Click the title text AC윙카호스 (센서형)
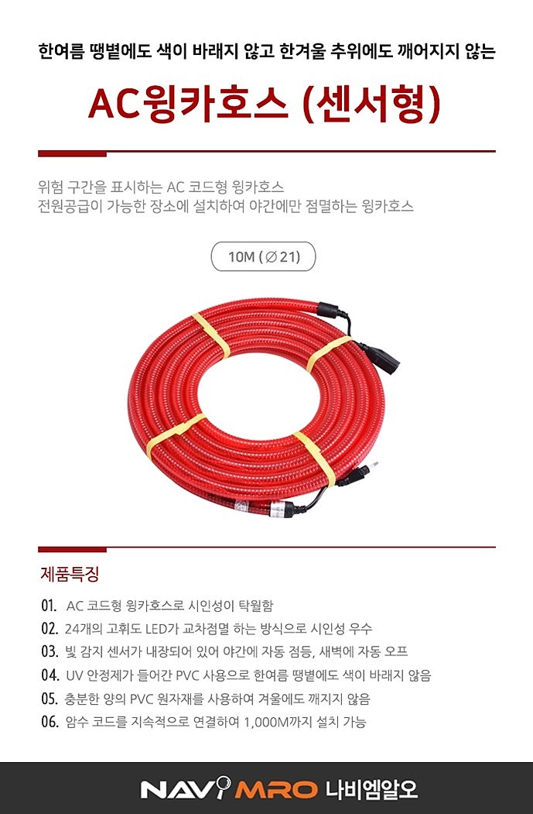[x=265, y=104]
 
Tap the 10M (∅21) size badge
[x=263, y=257]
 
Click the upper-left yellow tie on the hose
[x=210, y=335]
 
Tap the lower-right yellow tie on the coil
[x=315, y=456]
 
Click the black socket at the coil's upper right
[x=384, y=359]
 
